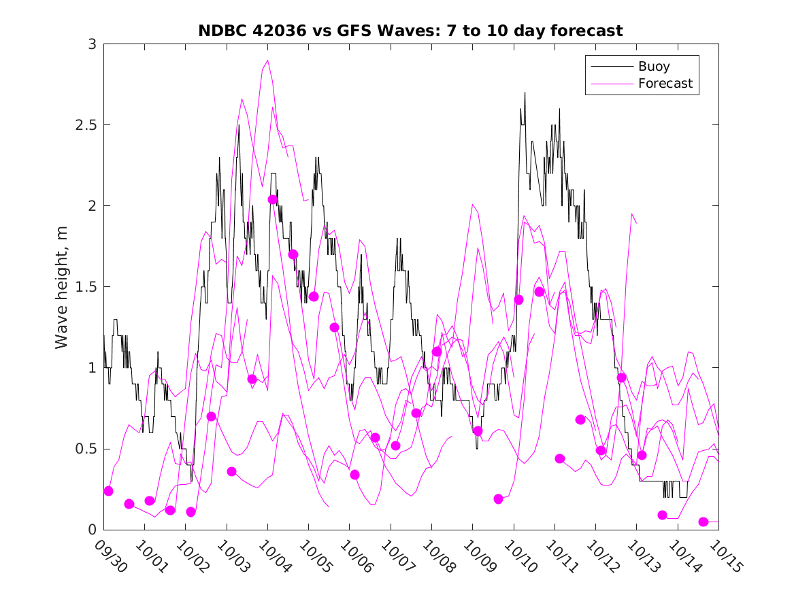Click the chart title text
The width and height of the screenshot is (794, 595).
[x=410, y=31]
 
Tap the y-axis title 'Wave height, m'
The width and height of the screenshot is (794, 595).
[x=62, y=287]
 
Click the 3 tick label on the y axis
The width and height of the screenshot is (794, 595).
[x=90, y=44]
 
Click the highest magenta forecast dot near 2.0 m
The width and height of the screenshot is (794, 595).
[x=273, y=200]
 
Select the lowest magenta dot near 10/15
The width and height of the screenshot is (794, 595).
[x=704, y=522]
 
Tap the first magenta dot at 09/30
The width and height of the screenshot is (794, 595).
[x=108, y=491]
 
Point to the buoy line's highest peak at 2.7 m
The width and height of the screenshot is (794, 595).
[x=525, y=93]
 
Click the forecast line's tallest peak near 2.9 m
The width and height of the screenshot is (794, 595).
[x=267, y=61]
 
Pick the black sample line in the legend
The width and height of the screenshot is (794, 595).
[x=611, y=67]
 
